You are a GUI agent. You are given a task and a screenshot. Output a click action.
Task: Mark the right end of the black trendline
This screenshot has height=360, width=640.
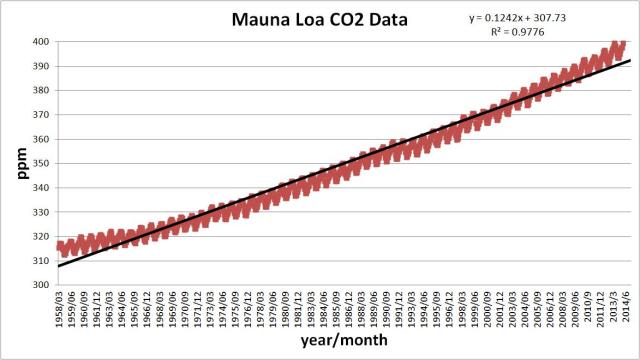coord(630,60)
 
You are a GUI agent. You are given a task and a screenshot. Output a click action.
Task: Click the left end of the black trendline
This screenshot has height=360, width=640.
coord(57,266)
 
